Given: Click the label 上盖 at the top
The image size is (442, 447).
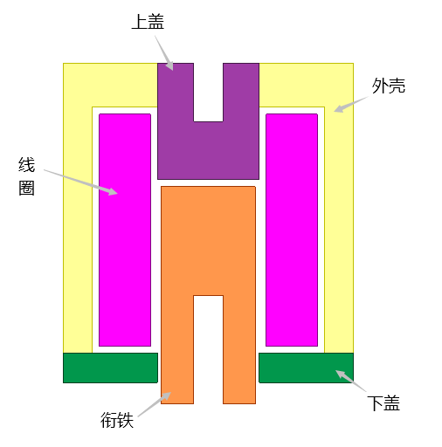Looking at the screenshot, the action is [x=148, y=22].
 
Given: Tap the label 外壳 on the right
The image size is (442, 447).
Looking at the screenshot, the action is [x=389, y=86].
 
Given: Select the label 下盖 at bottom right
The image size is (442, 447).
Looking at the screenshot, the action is [x=383, y=403].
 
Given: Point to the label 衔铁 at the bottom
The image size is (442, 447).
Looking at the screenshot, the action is [x=117, y=420].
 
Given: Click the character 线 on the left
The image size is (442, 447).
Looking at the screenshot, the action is [x=26, y=165].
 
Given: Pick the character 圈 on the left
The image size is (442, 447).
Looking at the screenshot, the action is [x=26, y=188].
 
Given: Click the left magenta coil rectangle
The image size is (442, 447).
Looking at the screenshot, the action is [x=125, y=230].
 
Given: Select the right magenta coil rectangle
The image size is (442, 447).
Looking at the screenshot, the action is [x=292, y=230].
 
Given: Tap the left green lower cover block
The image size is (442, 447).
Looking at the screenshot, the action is [x=111, y=368].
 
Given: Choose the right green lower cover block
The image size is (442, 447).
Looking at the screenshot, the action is [x=306, y=368].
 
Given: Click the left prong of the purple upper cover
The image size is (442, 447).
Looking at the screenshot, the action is [x=176, y=93].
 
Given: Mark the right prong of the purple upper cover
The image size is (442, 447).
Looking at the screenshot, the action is [x=241, y=93].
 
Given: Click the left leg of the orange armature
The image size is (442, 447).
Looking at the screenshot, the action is [x=177, y=349].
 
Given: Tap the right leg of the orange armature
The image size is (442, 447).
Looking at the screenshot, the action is [x=239, y=349].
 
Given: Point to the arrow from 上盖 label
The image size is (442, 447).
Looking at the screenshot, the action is [x=164, y=53].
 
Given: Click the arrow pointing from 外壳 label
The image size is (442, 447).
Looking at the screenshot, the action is [x=351, y=104].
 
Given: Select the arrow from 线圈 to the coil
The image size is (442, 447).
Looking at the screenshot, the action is [x=80, y=182].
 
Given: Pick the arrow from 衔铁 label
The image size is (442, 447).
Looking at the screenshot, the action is [x=155, y=404].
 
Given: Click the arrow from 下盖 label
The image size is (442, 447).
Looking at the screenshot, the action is [x=351, y=381].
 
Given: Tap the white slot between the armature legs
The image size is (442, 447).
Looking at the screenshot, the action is [x=209, y=349].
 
